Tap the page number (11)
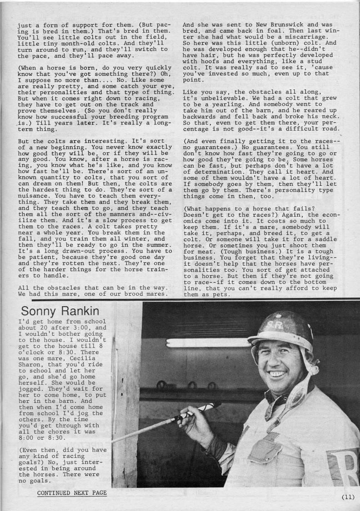(348, 496)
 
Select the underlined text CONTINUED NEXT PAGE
(72, 492)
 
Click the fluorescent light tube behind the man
(209, 343)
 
